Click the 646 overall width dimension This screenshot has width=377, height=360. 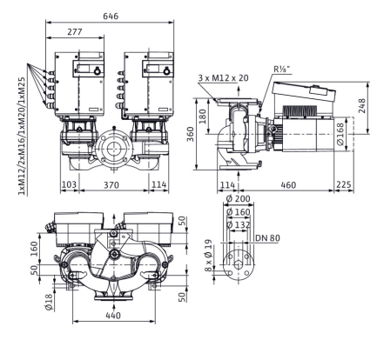[111, 16]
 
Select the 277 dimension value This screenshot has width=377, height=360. [75, 31]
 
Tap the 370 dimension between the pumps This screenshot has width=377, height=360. [111, 185]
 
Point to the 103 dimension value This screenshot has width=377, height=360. [70, 184]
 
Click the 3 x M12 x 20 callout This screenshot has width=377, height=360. [224, 78]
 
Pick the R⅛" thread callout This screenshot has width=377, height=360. [282, 70]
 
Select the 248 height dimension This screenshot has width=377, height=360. [361, 106]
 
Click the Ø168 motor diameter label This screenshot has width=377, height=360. [340, 134]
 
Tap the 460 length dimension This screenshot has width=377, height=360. [288, 185]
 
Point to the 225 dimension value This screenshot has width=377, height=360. [344, 184]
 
